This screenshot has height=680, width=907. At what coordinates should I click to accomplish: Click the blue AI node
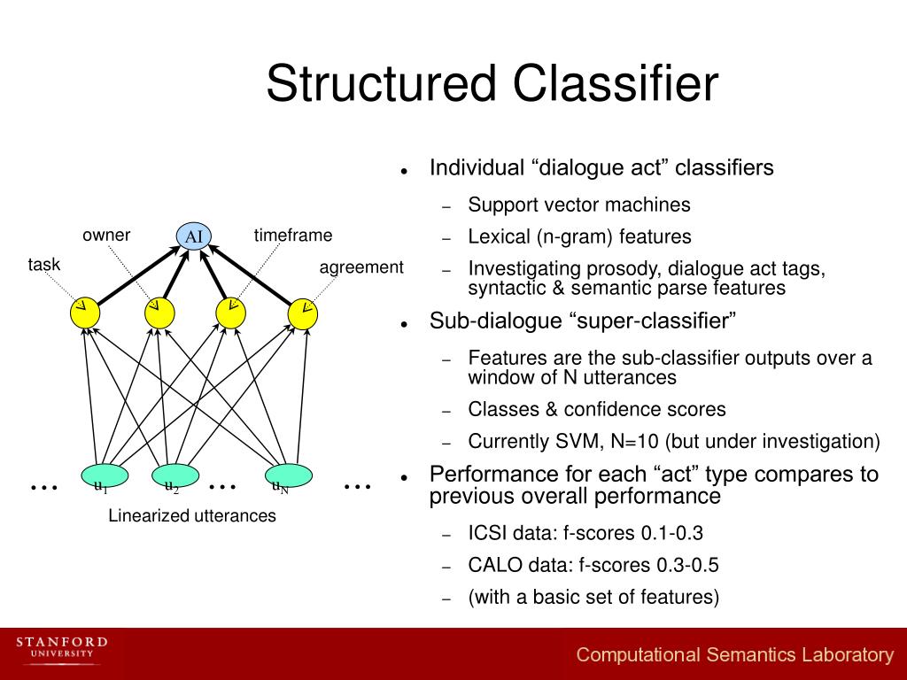pyautogui.click(x=194, y=236)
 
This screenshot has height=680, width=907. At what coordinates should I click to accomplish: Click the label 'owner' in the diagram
pyautogui.click(x=106, y=235)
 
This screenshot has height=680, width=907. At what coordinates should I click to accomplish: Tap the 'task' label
pyautogui.click(x=44, y=265)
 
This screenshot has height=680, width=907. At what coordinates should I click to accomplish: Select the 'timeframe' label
pyautogui.click(x=293, y=236)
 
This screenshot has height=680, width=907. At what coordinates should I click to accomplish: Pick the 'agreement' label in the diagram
pyautogui.click(x=361, y=267)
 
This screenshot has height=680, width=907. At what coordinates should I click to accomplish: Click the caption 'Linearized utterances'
pyautogui.click(x=192, y=515)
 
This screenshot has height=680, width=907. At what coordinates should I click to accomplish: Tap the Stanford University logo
pyautogui.click(x=62, y=648)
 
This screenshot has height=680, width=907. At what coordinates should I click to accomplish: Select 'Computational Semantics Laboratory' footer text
pyautogui.click(x=735, y=655)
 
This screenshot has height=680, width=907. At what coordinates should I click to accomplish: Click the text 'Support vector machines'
pyautogui.click(x=579, y=205)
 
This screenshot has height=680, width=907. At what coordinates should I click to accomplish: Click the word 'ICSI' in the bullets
pyautogui.click(x=488, y=534)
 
